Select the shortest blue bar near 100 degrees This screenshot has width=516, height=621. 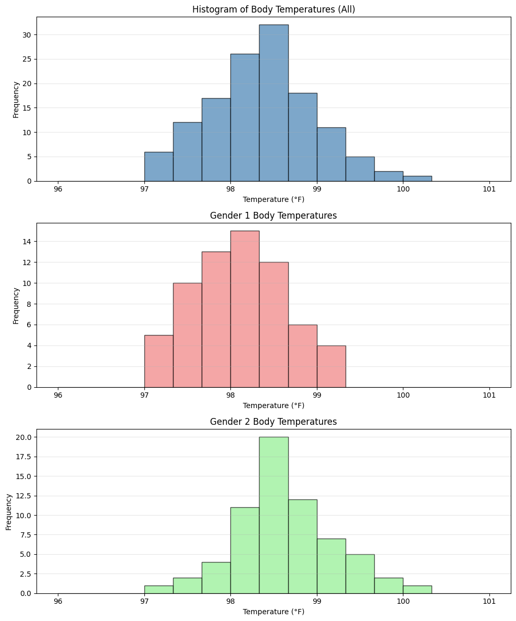coord(417,178)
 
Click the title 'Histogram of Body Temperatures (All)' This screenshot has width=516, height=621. coord(274,9)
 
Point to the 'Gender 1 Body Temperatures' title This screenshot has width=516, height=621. coord(274,216)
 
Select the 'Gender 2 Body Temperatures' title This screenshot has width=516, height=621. coord(274,422)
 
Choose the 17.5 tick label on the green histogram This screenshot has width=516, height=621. coord(22,457)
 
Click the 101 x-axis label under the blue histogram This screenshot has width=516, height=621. coord(489,188)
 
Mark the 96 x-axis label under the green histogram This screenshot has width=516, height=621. coord(58,601)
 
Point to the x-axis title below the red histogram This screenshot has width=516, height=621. coord(274,405)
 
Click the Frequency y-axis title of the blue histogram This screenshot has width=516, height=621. coord(16,99)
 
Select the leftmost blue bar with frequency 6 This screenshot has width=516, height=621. coord(158,166)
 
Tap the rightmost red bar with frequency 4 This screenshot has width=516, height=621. coord(331,366)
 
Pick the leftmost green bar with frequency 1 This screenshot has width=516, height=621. coord(158,590)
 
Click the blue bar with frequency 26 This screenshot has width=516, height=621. coord(245,117)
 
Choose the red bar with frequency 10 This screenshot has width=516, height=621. coord(187,335)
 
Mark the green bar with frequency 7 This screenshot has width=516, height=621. coord(331,566)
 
